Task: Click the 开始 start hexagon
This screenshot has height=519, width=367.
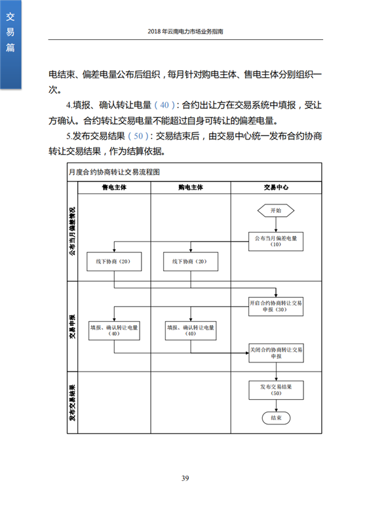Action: [276, 210]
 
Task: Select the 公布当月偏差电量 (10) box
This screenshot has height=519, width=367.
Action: [276, 241]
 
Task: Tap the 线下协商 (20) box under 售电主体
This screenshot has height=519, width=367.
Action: [114, 261]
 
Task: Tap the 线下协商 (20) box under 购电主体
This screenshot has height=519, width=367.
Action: [191, 261]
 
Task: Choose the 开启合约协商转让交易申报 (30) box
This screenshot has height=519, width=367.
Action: [276, 307]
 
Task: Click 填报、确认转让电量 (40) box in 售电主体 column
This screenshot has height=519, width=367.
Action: [114, 331]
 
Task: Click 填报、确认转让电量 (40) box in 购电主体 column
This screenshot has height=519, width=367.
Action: [191, 331]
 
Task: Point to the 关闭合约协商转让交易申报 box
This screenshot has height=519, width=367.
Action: [276, 353]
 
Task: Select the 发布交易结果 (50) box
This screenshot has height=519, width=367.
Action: [276, 391]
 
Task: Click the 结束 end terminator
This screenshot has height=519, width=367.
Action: [276, 418]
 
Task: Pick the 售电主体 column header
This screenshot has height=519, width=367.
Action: [114, 187]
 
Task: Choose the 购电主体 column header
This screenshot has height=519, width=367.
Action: [191, 187]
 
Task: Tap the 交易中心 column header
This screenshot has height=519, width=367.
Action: [276, 187]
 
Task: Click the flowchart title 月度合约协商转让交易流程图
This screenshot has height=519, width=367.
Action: [115, 172]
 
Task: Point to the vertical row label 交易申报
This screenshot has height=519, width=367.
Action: [73, 326]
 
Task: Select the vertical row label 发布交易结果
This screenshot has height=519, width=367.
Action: [73, 402]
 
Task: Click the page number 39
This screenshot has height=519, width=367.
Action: [185, 478]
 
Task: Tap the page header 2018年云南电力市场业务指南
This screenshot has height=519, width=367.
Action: [185, 31]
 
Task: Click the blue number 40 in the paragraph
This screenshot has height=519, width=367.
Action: [164, 106]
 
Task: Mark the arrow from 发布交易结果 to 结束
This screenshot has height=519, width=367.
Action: [276, 406]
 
